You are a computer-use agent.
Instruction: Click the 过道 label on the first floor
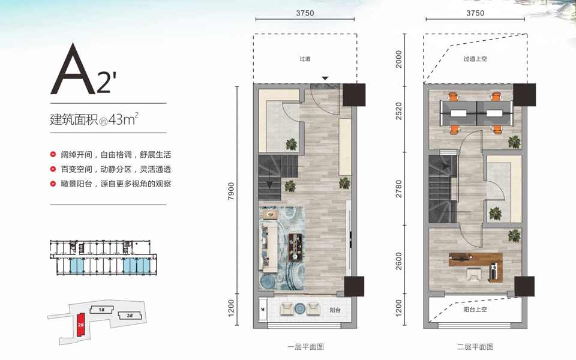[x=305, y=59]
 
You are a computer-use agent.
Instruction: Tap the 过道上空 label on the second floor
[x=475, y=59]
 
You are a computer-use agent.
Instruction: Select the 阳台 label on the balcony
[x=335, y=310]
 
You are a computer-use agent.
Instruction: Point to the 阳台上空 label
[x=475, y=310]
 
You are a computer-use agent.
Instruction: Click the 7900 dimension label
[x=231, y=191]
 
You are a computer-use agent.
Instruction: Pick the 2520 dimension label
[x=398, y=111]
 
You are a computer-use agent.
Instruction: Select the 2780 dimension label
[x=398, y=189]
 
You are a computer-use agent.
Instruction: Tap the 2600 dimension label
[x=398, y=261]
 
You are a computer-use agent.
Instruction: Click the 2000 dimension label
[x=398, y=59]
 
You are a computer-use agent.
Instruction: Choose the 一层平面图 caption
[x=305, y=347]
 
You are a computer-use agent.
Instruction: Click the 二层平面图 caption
[x=475, y=347]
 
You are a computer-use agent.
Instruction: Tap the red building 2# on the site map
[x=81, y=325]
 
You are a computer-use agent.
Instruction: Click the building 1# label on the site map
[x=101, y=310]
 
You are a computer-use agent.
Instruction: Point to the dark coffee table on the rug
[x=295, y=247]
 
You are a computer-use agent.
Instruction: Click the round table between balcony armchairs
[x=300, y=308]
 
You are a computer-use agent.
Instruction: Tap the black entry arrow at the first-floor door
[x=325, y=78]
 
